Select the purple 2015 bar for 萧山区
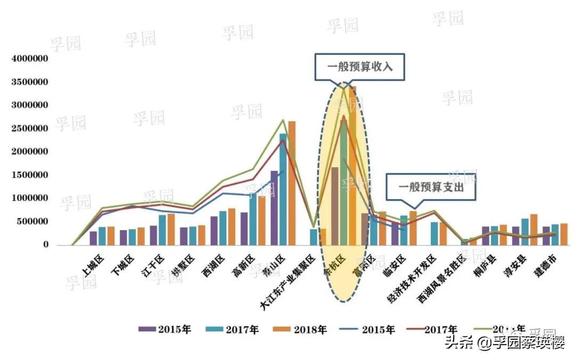(x=274, y=208)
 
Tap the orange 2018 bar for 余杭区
(x=352, y=165)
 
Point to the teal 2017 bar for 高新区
(x=253, y=219)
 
